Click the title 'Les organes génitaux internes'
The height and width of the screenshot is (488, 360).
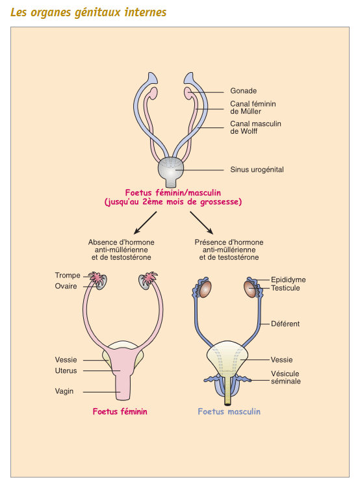(x=88, y=12)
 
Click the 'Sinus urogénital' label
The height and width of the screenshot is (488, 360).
(x=257, y=170)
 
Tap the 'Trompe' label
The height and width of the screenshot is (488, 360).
(x=68, y=276)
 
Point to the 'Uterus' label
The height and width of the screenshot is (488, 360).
(x=66, y=370)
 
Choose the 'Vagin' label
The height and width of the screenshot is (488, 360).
(x=65, y=391)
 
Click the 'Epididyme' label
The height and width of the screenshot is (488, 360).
(x=289, y=279)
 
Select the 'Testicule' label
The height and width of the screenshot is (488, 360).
(x=286, y=288)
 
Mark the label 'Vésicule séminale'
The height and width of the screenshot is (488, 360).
(x=287, y=378)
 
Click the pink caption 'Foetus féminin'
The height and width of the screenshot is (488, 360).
(x=120, y=411)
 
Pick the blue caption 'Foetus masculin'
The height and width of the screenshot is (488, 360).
(x=229, y=411)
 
